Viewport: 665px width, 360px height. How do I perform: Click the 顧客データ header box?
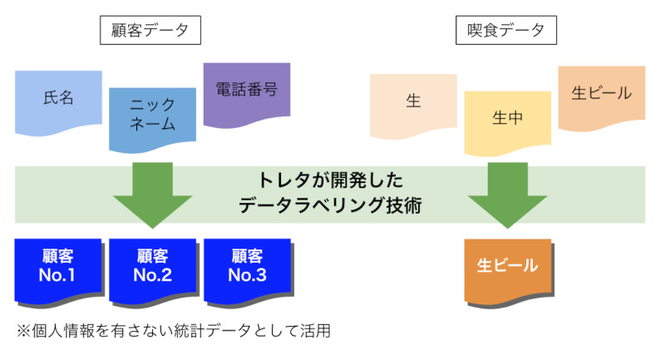click(x=150, y=30)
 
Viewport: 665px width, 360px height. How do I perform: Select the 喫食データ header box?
click(x=506, y=30)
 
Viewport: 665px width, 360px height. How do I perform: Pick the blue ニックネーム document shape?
click(x=153, y=120)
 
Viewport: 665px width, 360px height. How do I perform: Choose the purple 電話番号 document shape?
click(x=247, y=95)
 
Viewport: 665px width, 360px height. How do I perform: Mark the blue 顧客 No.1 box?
click(x=59, y=272)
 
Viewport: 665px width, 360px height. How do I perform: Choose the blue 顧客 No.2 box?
click(x=154, y=272)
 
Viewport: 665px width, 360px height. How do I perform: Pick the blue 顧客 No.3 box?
click(x=249, y=272)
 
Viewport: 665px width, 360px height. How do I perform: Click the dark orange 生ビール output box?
click(x=509, y=272)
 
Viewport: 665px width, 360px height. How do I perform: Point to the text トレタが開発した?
click(x=330, y=180)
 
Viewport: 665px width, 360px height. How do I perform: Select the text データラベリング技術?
click(x=330, y=205)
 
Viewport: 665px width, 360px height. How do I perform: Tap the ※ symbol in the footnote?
click(x=24, y=331)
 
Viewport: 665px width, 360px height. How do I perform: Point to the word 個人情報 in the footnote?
click(x=63, y=331)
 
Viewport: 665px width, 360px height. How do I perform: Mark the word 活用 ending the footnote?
click(x=316, y=331)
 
